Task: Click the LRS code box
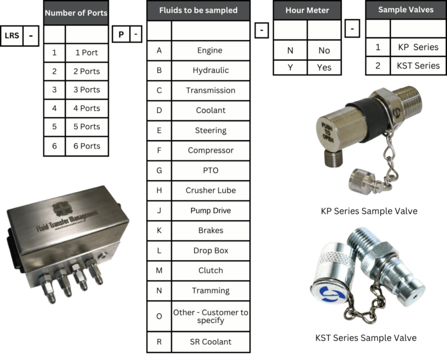pyautogui.click(x=12, y=36)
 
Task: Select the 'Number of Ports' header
pyautogui.click(x=76, y=13)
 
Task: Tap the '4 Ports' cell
pyautogui.click(x=87, y=108)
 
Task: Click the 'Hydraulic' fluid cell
pyautogui.click(x=211, y=70)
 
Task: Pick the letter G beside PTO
pyautogui.click(x=159, y=170)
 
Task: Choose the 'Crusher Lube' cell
pyautogui.click(x=211, y=190)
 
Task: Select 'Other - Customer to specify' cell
pyautogui.click(x=211, y=316)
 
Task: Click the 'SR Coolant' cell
pyautogui.click(x=211, y=342)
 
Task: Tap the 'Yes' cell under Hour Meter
pyautogui.click(x=324, y=68)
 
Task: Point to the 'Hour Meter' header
pyautogui.click(x=307, y=10)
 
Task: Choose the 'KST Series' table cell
pyautogui.click(x=418, y=66)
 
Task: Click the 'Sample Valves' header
pyautogui.click(x=406, y=10)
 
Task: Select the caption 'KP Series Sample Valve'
pyautogui.click(x=369, y=211)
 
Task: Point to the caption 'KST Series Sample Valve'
pyautogui.click(x=366, y=338)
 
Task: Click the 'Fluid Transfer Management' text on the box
pyautogui.click(x=67, y=221)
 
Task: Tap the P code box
pyautogui.click(x=121, y=34)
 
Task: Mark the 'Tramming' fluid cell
pyautogui.click(x=211, y=291)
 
